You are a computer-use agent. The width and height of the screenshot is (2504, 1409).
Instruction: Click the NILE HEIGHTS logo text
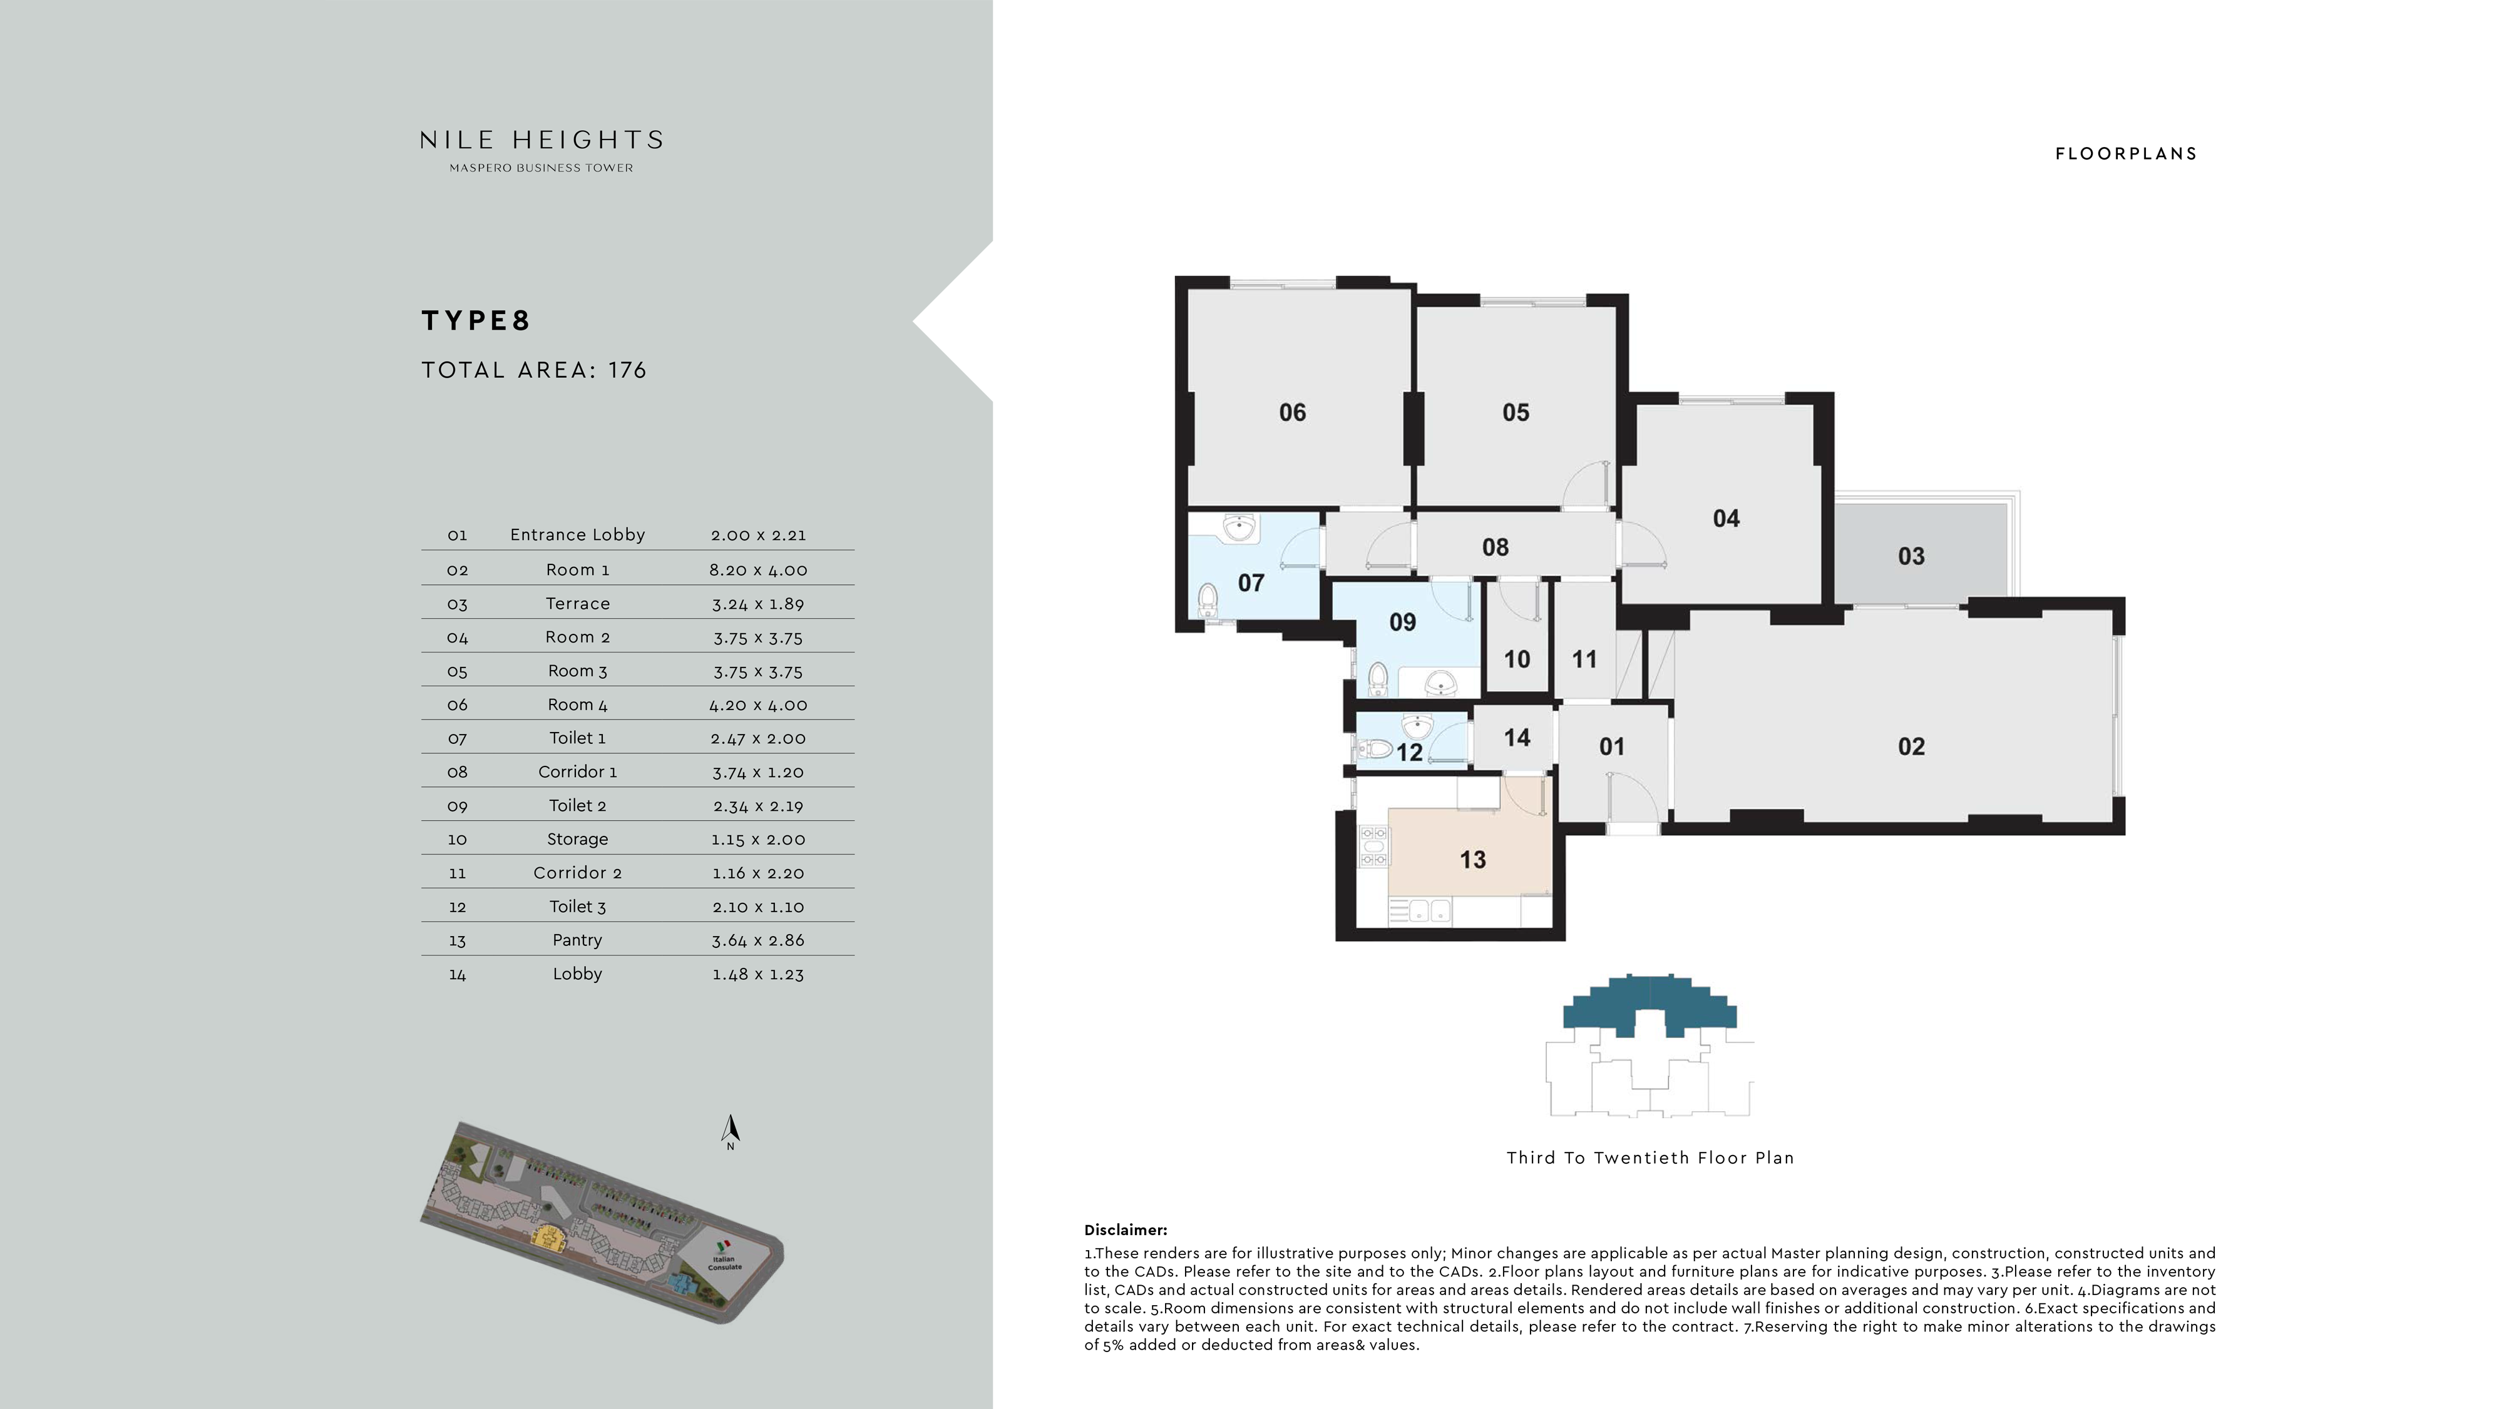coord(541,141)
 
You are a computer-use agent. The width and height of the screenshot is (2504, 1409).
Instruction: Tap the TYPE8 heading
coord(475,321)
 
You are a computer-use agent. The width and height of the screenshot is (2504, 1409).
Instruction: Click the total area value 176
coord(627,370)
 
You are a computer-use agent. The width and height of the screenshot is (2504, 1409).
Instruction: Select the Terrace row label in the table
coord(577,603)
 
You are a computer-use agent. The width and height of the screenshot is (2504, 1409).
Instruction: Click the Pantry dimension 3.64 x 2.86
coord(757,940)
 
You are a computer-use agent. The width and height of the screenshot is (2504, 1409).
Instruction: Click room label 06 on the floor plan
coord(1292,412)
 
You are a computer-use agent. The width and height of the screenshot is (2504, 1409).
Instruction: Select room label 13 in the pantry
coord(1472,859)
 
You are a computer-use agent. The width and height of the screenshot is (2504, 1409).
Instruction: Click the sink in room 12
coord(1417,725)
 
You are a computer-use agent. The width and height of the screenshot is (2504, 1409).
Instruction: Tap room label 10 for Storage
coord(1516,659)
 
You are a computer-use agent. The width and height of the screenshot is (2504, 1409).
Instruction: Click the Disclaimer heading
coord(1125,1230)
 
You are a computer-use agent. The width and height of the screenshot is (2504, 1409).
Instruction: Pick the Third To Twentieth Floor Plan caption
coord(1650,1157)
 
